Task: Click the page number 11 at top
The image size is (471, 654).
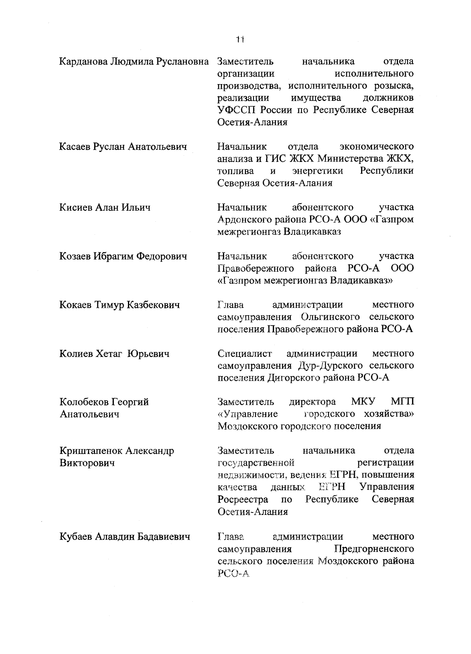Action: pos(240,39)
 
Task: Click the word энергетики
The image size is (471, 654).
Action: pos(318,171)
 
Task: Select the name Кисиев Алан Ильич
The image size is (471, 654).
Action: pos(105,208)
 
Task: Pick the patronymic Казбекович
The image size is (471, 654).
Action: pos(153,305)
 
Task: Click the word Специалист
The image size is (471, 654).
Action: pos(245,353)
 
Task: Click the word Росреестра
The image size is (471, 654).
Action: pos(243,499)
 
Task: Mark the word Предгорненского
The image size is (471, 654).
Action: pos(374,548)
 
